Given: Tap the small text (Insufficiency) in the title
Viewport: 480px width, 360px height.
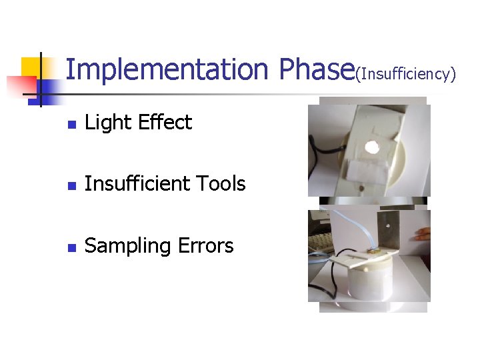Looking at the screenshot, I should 406,74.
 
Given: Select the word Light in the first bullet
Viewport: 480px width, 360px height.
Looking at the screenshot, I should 108,123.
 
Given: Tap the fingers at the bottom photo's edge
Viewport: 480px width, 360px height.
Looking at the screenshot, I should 421,234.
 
